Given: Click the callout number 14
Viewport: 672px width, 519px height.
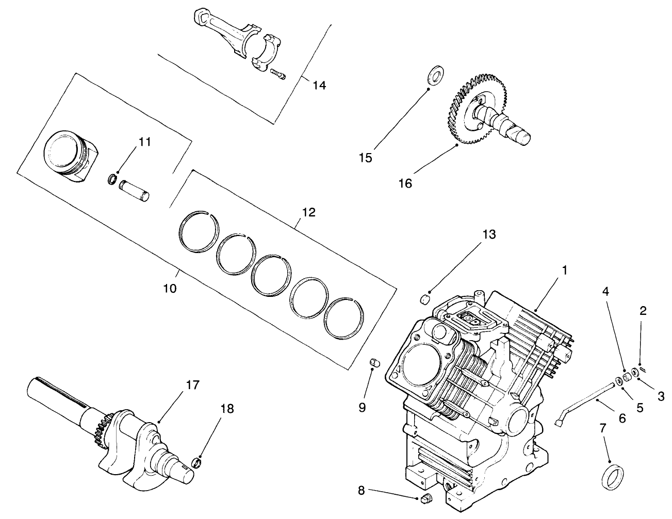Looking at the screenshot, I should (319, 85).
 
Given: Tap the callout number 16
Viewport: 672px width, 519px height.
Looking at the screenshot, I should (405, 183).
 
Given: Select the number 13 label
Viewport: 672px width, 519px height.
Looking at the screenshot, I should (489, 235).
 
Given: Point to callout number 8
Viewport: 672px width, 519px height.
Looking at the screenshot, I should (361, 491).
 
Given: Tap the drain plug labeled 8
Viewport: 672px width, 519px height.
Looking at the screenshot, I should (425, 498).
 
